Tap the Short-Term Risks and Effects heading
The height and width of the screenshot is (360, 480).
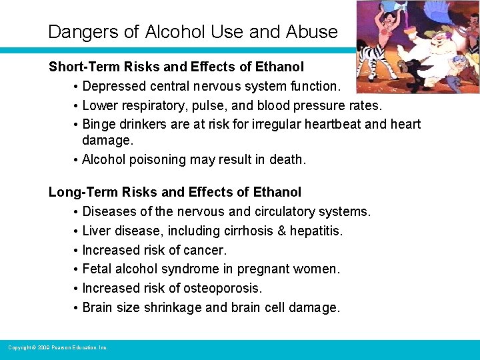point(176,67)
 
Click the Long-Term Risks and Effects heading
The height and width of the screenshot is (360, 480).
point(175,192)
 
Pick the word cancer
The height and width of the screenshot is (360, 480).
point(207,250)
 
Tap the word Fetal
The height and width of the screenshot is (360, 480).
point(97,269)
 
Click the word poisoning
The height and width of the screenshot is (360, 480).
point(157,160)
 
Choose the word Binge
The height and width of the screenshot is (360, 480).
point(99,125)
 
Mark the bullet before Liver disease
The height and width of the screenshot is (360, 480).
point(77,231)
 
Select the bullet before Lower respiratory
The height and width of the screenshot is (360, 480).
point(77,105)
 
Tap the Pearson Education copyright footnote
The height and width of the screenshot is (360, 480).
point(57,347)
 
